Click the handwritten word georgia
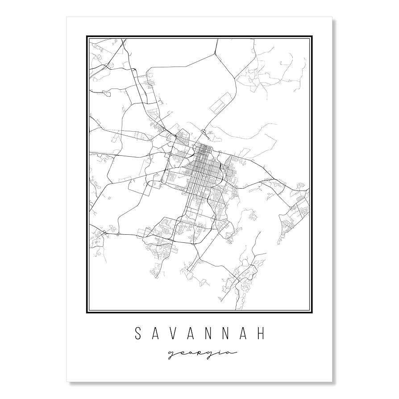(x=199, y=354)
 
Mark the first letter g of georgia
(x=170, y=355)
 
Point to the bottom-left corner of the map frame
(x=87, y=311)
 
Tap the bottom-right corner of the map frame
(x=312, y=311)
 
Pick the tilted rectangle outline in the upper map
(x=220, y=104)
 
